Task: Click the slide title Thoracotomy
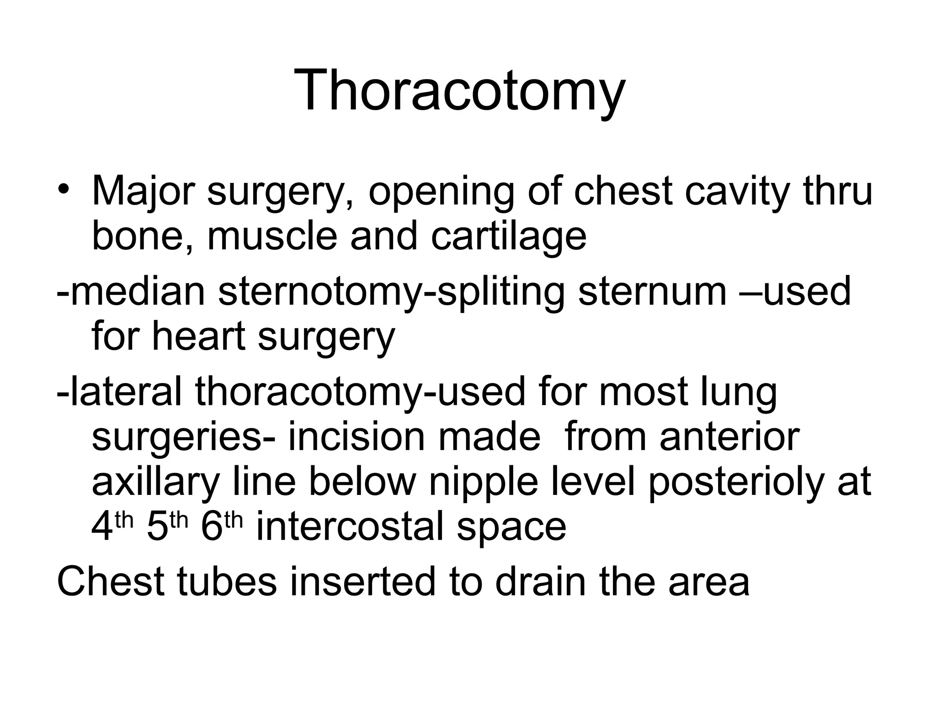459,90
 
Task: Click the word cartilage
508,237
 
